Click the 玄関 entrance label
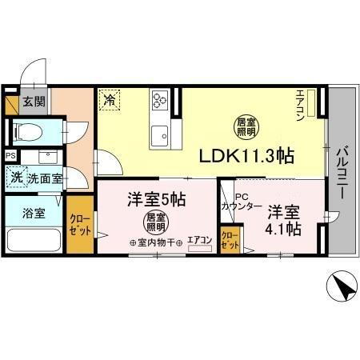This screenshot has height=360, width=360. [x=33, y=102]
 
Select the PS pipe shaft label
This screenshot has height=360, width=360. [x=10, y=156]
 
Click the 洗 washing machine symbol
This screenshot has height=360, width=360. [x=16, y=177]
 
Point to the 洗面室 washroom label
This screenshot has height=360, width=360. [x=45, y=178]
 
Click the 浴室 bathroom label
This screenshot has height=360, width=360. [x=33, y=214]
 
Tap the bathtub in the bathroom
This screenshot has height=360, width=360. [x=33, y=240]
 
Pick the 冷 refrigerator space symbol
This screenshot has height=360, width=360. [x=109, y=101]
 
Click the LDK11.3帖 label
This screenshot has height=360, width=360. [x=240, y=157]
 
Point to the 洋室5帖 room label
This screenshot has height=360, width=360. [x=156, y=198]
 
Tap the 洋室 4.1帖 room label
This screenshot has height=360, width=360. [x=284, y=220]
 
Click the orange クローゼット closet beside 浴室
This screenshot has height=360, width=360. [x=79, y=226]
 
